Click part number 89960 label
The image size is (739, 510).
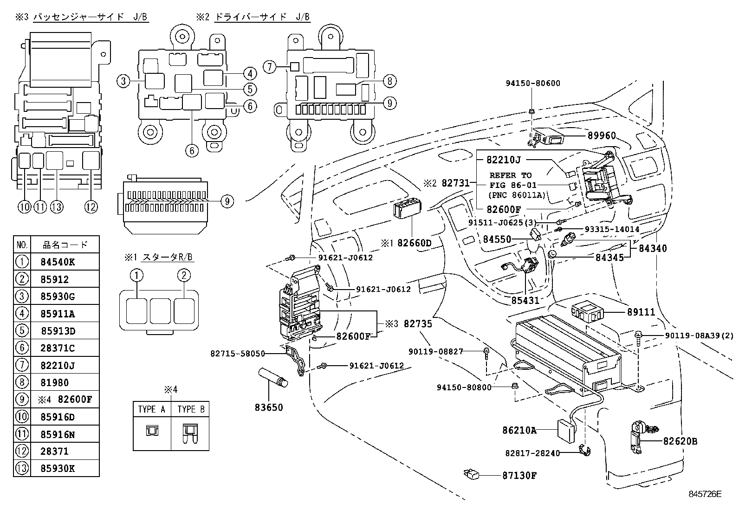tap(602, 136)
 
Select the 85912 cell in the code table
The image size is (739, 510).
tap(54, 279)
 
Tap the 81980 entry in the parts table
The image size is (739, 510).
tap(54, 382)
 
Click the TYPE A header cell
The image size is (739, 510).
tap(152, 409)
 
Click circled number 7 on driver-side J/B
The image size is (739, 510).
tap(270, 67)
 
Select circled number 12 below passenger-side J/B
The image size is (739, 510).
tap(91, 207)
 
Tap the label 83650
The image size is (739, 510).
tap(268, 407)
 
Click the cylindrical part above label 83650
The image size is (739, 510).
tap(274, 375)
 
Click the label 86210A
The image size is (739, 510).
tap(519, 430)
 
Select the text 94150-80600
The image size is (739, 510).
tap(532, 84)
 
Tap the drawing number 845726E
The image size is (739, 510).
tap(705, 494)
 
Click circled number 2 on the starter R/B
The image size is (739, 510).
tap(184, 275)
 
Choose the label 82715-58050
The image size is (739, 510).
tap(237, 353)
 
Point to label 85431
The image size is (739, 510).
tap(525, 300)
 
